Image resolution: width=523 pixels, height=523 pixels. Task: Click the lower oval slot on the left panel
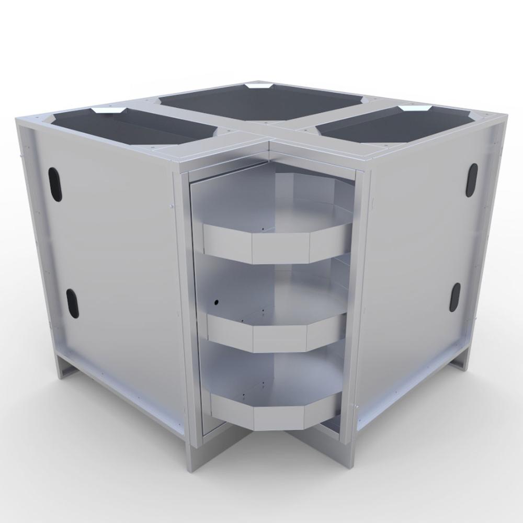(72, 303)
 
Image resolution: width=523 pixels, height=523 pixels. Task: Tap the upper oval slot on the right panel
(471, 180)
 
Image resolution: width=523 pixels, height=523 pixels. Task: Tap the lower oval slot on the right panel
(454, 298)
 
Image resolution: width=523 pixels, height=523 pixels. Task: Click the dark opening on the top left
(136, 128)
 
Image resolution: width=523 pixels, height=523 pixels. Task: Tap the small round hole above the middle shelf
(215, 302)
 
